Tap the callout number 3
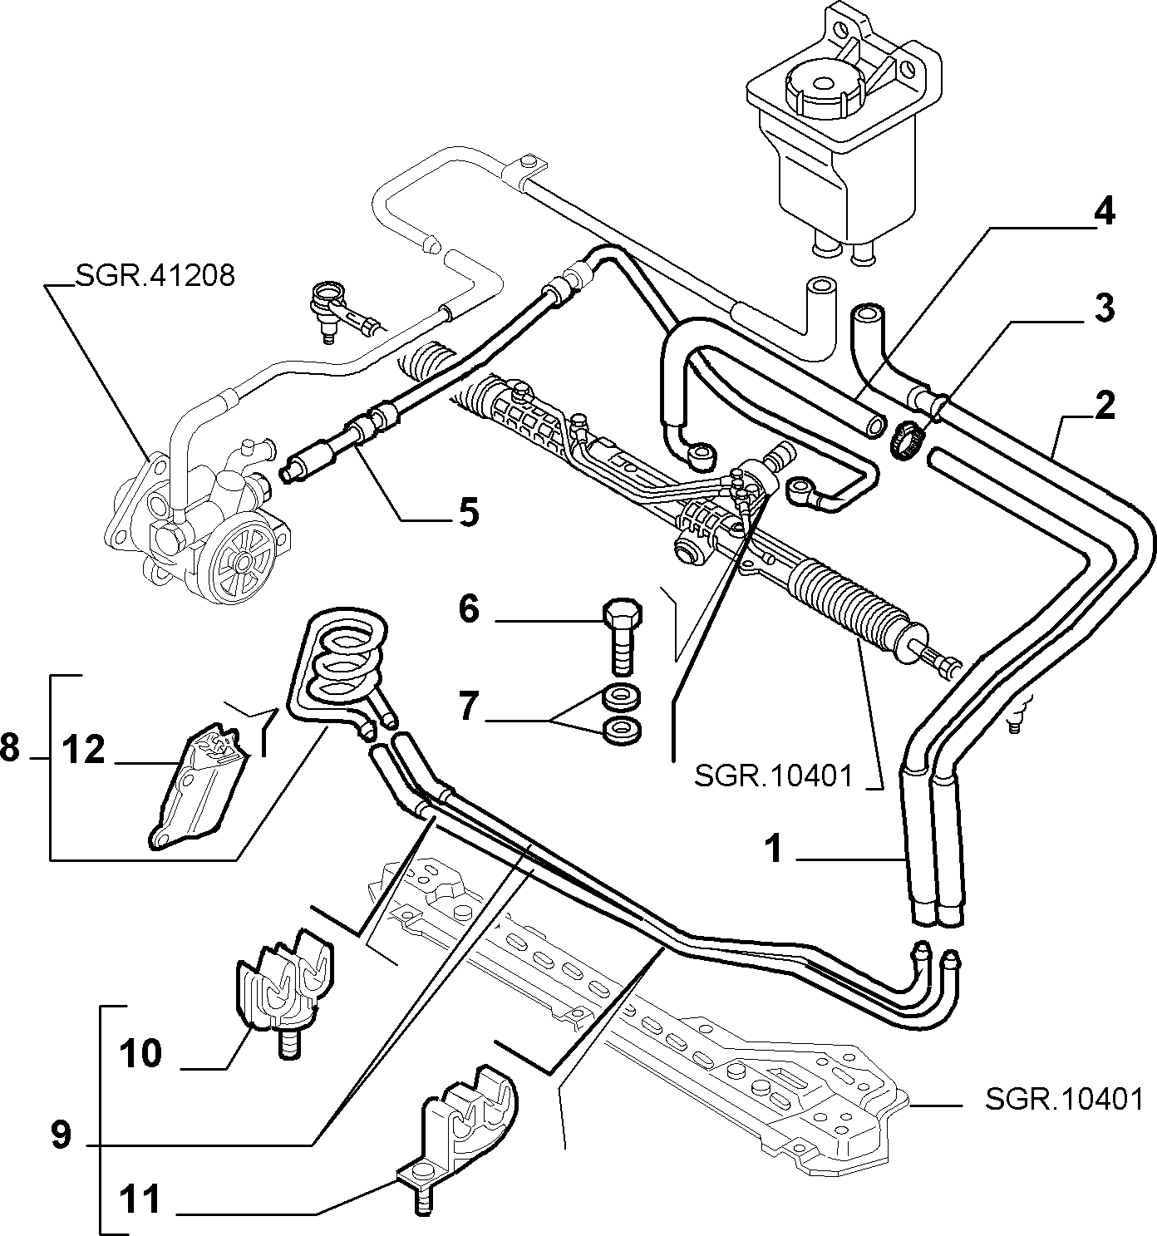[x=1104, y=310]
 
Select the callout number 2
[x=1104, y=406]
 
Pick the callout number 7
[x=470, y=707]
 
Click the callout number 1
[x=774, y=849]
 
